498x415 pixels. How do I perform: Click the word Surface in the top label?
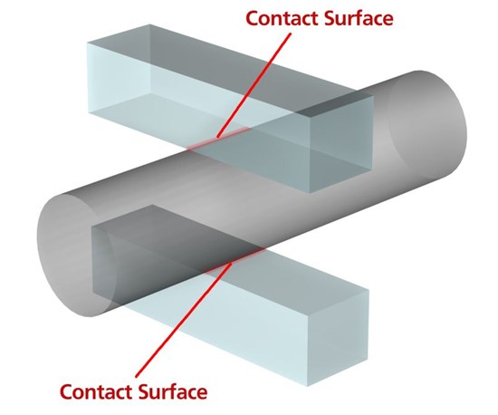(x=359, y=18)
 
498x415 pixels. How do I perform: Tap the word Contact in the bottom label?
(x=96, y=391)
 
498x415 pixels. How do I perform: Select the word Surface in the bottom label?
(x=173, y=391)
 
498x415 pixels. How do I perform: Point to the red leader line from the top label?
(x=254, y=85)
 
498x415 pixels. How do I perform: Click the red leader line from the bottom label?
(x=184, y=320)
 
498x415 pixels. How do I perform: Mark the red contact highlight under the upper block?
(x=218, y=138)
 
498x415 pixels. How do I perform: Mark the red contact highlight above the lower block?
(x=235, y=261)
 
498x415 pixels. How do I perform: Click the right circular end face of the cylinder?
(x=427, y=124)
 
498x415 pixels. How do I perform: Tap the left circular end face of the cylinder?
(x=76, y=255)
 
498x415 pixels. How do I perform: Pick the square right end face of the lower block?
(x=338, y=337)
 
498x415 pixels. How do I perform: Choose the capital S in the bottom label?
(x=144, y=391)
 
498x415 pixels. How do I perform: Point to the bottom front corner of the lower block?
(x=307, y=386)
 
